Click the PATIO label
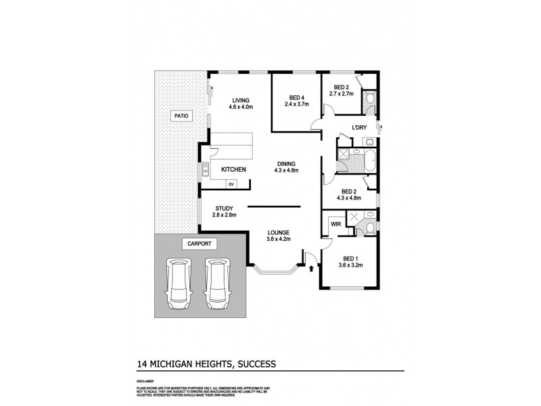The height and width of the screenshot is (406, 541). [x=181, y=116]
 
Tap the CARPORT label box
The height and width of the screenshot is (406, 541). [x=197, y=243]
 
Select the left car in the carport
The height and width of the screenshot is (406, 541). [x=178, y=283]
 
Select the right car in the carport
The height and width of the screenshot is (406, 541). [x=218, y=283]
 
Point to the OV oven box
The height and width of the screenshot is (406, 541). [x=231, y=184]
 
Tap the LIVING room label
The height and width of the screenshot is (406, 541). [x=240, y=99]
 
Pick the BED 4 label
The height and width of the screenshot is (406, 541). [x=297, y=97]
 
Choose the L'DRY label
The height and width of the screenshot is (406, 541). [x=358, y=128]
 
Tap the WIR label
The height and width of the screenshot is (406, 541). [x=335, y=223]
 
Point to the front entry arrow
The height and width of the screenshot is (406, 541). [x=311, y=269]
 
